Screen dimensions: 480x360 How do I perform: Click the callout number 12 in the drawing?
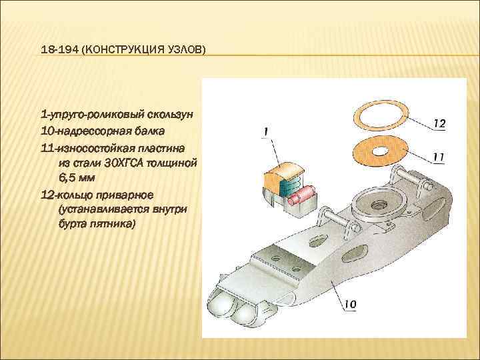pyautogui.click(x=439, y=124)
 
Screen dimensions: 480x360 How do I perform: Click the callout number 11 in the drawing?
pyautogui.click(x=439, y=157)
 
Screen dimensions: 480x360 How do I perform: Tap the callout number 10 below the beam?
pyautogui.click(x=350, y=304)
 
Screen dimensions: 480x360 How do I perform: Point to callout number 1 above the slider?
pyautogui.click(x=266, y=131)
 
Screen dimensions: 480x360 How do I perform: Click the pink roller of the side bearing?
pyautogui.click(x=302, y=195)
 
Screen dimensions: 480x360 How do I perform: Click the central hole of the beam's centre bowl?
pyautogui.click(x=378, y=204)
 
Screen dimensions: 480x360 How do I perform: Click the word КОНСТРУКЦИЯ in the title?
pyautogui.click(x=123, y=49)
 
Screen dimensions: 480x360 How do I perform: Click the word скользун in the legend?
pyautogui.click(x=169, y=115)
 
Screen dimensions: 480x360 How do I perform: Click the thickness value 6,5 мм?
pyautogui.click(x=77, y=178)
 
